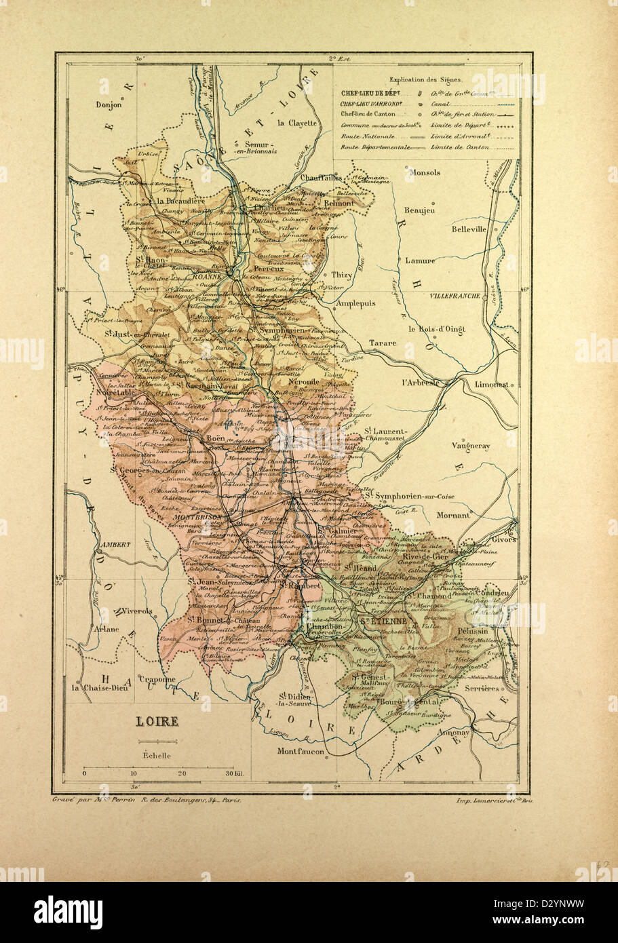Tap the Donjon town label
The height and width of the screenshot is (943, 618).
[x=109, y=105]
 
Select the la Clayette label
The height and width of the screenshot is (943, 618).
[x=296, y=123]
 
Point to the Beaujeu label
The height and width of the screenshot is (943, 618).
[x=419, y=210]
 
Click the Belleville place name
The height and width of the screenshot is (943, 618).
[x=469, y=229]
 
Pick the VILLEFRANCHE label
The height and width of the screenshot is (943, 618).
[x=454, y=296]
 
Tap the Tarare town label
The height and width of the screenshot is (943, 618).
[x=383, y=343]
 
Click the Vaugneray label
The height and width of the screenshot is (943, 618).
[x=470, y=446]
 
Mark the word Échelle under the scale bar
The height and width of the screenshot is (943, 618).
[x=157, y=755]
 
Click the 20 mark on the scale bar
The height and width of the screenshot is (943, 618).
[x=182, y=773]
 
